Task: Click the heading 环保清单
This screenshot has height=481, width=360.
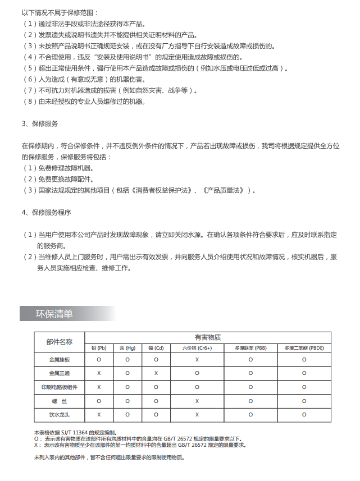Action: click(x=54, y=314)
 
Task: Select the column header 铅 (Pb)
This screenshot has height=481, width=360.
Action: click(x=99, y=348)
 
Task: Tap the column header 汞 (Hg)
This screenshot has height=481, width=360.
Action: click(x=127, y=348)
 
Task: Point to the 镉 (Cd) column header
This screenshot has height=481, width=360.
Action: click(x=156, y=348)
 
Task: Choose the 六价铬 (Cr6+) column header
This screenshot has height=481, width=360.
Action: click(x=197, y=348)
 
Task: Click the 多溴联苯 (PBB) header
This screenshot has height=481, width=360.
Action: click(x=250, y=348)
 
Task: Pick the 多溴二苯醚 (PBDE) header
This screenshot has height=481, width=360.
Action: click(x=304, y=348)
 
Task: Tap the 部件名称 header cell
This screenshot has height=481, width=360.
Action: click(x=60, y=342)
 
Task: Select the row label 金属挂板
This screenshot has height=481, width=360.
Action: click(x=60, y=359)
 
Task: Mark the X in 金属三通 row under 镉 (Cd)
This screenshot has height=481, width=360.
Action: click(x=156, y=373)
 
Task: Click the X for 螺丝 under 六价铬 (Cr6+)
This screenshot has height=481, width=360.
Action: click(x=197, y=401)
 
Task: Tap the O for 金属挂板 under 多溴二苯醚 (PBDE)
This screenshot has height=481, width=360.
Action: click(x=304, y=359)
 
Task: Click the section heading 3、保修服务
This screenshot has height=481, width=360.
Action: click(x=40, y=123)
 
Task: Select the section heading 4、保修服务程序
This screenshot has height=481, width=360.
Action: click(x=47, y=212)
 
